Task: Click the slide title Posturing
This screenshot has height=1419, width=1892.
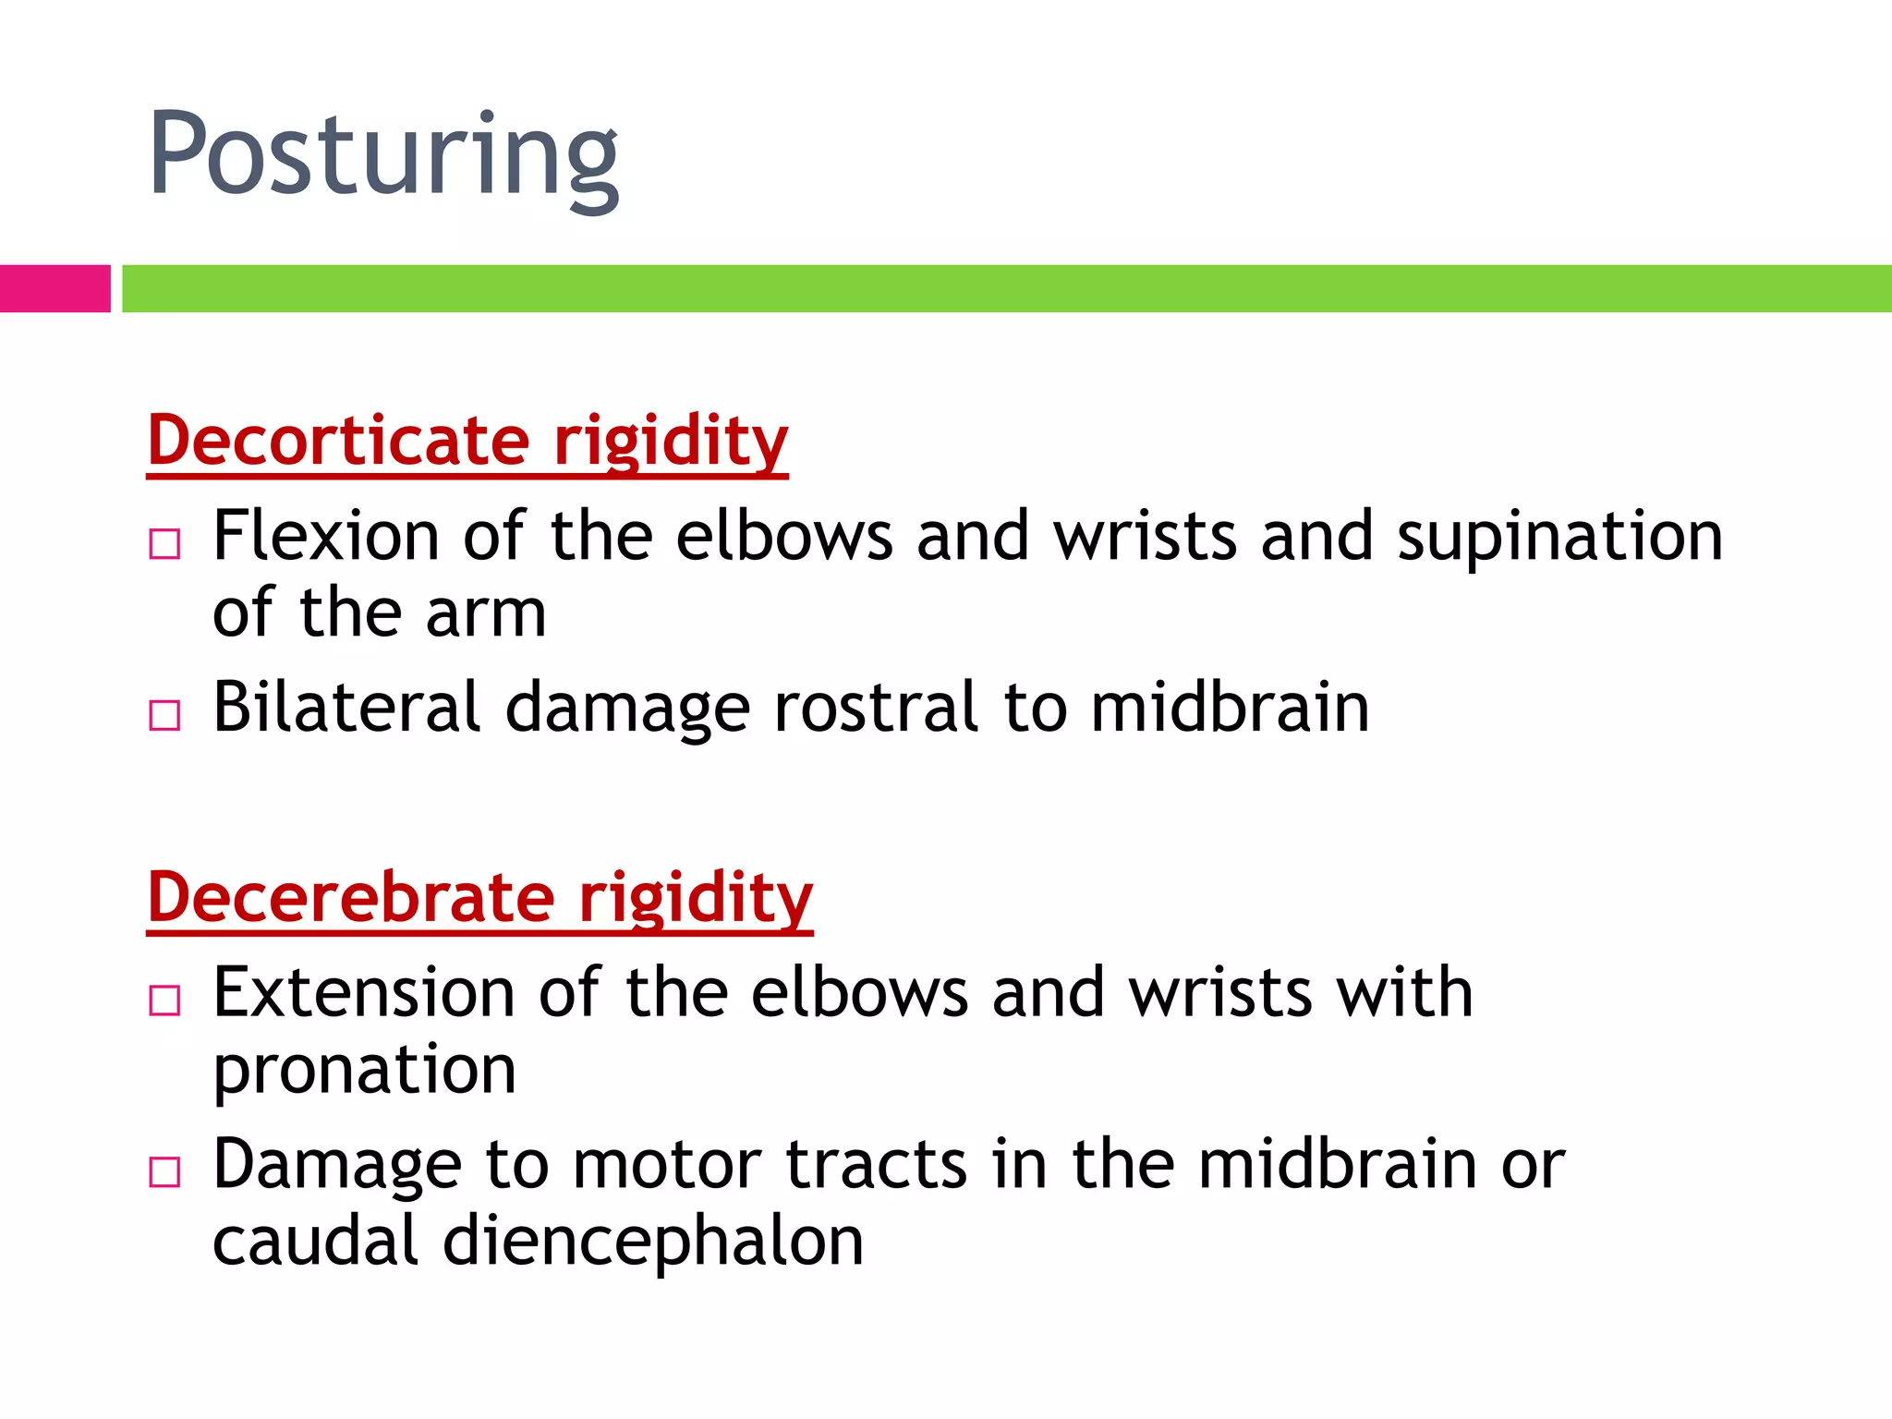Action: point(382,155)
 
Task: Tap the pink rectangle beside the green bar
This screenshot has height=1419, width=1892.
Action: point(55,288)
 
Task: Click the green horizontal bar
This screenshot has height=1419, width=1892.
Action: point(1006,288)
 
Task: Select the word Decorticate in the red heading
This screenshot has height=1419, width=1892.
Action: point(338,440)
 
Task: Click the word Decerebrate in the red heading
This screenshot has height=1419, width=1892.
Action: point(351,897)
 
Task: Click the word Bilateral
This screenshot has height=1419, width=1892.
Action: point(346,708)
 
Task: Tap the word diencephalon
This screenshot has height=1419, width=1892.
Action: point(653,1243)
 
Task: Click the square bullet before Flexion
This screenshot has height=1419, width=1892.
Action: point(164,544)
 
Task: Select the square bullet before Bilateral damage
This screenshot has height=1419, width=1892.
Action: point(164,715)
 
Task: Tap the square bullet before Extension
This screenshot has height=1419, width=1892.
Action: point(164,1001)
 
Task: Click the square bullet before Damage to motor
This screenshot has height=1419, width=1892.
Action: point(164,1171)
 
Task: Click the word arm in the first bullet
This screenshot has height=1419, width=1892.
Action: point(486,615)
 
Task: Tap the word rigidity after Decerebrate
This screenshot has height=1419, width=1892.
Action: point(695,899)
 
